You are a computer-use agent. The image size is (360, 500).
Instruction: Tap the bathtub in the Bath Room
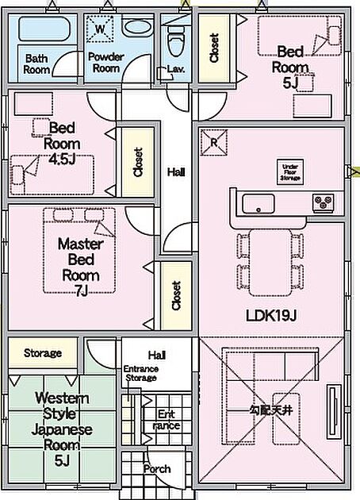pyautogui.click(x=44, y=29)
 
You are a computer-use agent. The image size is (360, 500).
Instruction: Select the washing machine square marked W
pyautogui.click(x=100, y=29)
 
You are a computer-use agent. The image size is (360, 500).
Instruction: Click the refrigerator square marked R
pyautogui.click(x=214, y=143)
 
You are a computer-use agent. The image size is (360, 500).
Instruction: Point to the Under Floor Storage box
pyautogui.click(x=290, y=172)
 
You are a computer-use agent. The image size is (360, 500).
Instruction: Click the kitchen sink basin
pyautogui.click(x=258, y=204)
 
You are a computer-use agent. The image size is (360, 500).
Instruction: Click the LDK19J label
pyautogui.click(x=271, y=316)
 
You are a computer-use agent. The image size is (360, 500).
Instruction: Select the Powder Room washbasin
pyautogui.click(x=138, y=28)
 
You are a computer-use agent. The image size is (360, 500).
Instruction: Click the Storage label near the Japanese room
pyautogui.click(x=43, y=353)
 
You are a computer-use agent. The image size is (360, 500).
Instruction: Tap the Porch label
pyautogui.click(x=157, y=469)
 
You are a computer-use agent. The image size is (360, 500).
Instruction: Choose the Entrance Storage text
pyautogui.click(x=141, y=373)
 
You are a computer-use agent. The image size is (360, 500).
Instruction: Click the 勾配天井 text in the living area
pyautogui.click(x=270, y=410)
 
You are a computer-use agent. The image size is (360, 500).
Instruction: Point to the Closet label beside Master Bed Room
pyautogui.click(x=176, y=295)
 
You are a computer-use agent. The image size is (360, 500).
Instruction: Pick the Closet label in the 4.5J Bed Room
pyautogui.click(x=138, y=162)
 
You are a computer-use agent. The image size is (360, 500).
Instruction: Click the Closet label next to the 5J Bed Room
pyautogui.click(x=214, y=48)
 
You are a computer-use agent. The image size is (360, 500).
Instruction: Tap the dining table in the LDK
pyautogui.click(x=270, y=263)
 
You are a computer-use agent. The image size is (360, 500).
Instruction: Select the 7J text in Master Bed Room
pyautogui.click(x=81, y=290)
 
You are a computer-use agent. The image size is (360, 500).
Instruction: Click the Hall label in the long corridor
pyautogui.click(x=176, y=172)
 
